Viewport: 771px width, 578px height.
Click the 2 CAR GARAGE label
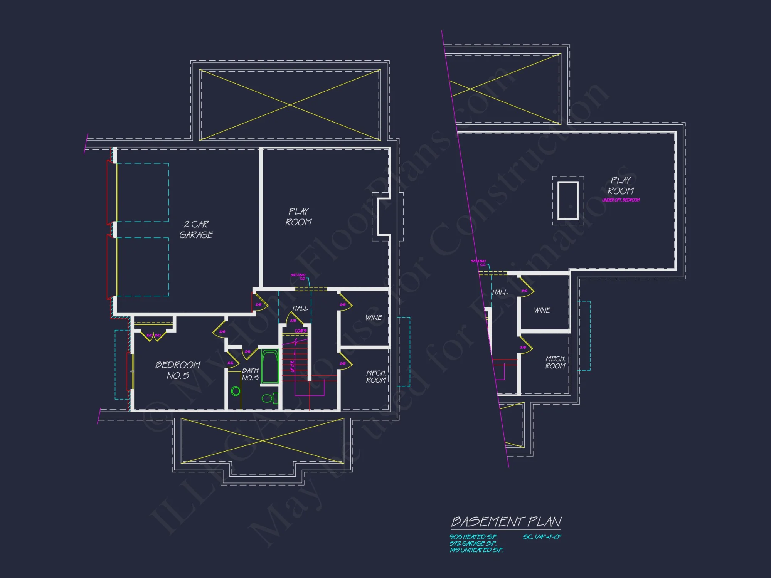[196, 229]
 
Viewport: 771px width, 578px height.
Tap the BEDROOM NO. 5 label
[178, 370]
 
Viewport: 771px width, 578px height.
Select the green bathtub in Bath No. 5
[270, 366]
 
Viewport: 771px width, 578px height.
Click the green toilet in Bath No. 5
[269, 398]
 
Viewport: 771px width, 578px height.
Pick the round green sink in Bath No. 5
[236, 391]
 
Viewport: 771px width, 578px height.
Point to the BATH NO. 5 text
[250, 374]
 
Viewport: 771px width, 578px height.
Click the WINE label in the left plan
[374, 318]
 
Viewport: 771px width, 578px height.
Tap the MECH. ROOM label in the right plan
[555, 362]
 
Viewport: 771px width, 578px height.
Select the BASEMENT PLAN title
[506, 522]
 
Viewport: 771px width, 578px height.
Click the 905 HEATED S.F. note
[473, 537]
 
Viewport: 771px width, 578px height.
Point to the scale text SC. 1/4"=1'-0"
[542, 537]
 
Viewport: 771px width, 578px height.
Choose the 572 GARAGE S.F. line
[473, 543]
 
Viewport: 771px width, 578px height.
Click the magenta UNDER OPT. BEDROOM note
[621, 200]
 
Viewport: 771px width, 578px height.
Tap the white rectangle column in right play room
[568, 200]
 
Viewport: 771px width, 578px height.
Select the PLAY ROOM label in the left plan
[298, 217]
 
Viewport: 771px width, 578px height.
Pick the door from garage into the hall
[258, 302]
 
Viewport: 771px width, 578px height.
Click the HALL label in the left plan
[300, 308]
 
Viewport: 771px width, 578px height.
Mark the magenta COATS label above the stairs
[300, 331]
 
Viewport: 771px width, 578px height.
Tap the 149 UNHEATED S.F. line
[476, 550]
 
